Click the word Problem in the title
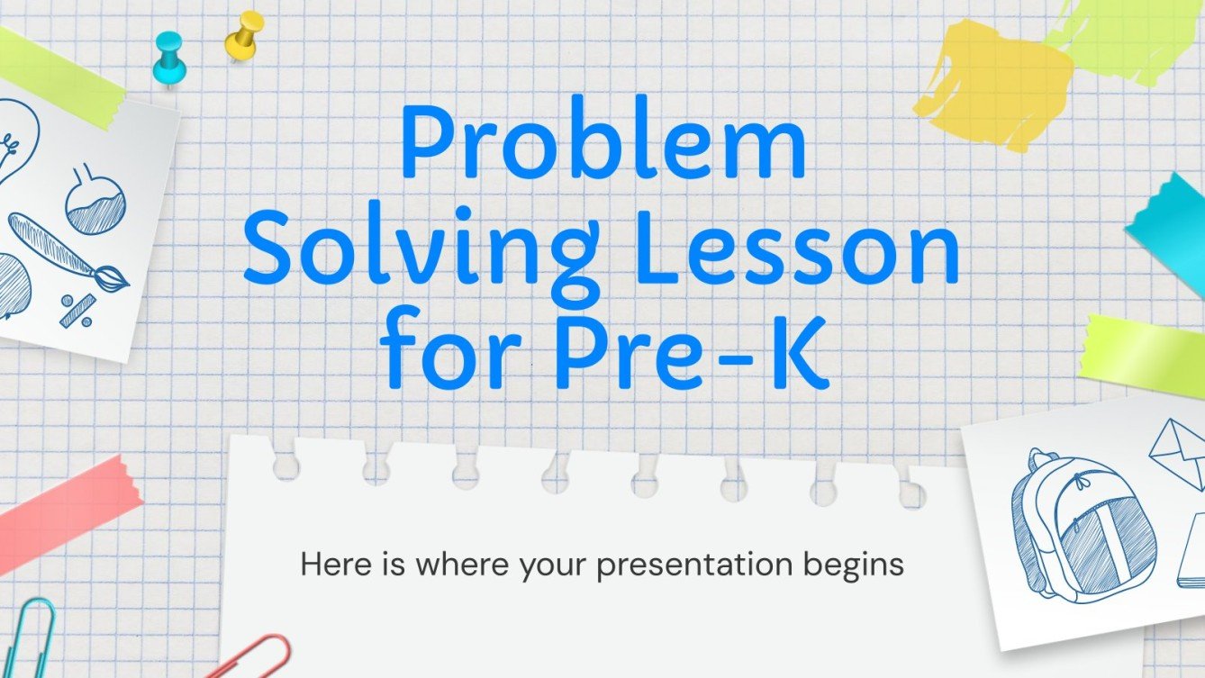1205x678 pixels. coord(602,144)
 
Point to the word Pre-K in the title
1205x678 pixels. coord(692,347)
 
